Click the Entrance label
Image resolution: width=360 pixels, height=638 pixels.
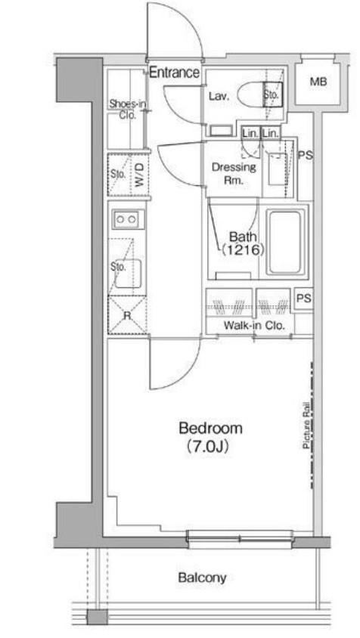[x=174, y=73]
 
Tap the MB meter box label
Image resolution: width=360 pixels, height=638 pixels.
[x=318, y=82]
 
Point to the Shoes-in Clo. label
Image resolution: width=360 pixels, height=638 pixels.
[x=128, y=109]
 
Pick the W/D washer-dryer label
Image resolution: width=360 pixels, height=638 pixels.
[x=140, y=175]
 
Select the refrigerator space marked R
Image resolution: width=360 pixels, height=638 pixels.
[x=128, y=315]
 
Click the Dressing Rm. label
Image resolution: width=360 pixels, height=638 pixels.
[x=234, y=173]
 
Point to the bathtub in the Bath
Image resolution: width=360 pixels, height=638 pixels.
[x=285, y=243]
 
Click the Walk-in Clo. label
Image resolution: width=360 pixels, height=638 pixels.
[x=254, y=326]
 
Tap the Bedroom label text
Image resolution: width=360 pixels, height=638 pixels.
[x=210, y=429]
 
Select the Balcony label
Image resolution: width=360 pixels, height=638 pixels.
[x=202, y=578]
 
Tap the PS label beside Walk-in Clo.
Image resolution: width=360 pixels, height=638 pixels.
[x=304, y=299]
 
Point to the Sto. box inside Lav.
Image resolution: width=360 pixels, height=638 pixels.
[x=272, y=94]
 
